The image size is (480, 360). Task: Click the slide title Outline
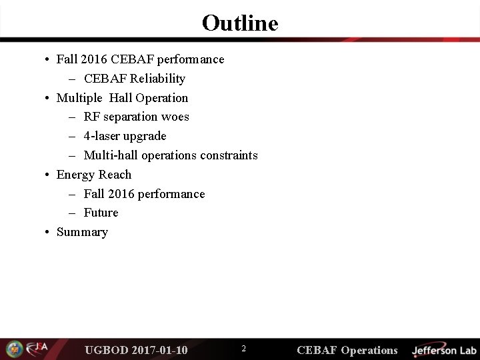click(x=240, y=23)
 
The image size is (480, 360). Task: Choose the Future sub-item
click(x=101, y=213)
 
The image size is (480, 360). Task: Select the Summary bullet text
click(x=82, y=232)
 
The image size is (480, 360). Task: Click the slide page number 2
click(x=243, y=349)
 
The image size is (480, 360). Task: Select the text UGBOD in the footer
click(x=107, y=350)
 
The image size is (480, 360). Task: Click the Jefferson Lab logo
click(x=443, y=350)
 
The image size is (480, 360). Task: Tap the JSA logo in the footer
click(x=37, y=349)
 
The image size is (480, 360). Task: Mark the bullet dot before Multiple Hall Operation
click(x=49, y=99)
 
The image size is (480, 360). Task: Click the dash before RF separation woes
click(x=71, y=117)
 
